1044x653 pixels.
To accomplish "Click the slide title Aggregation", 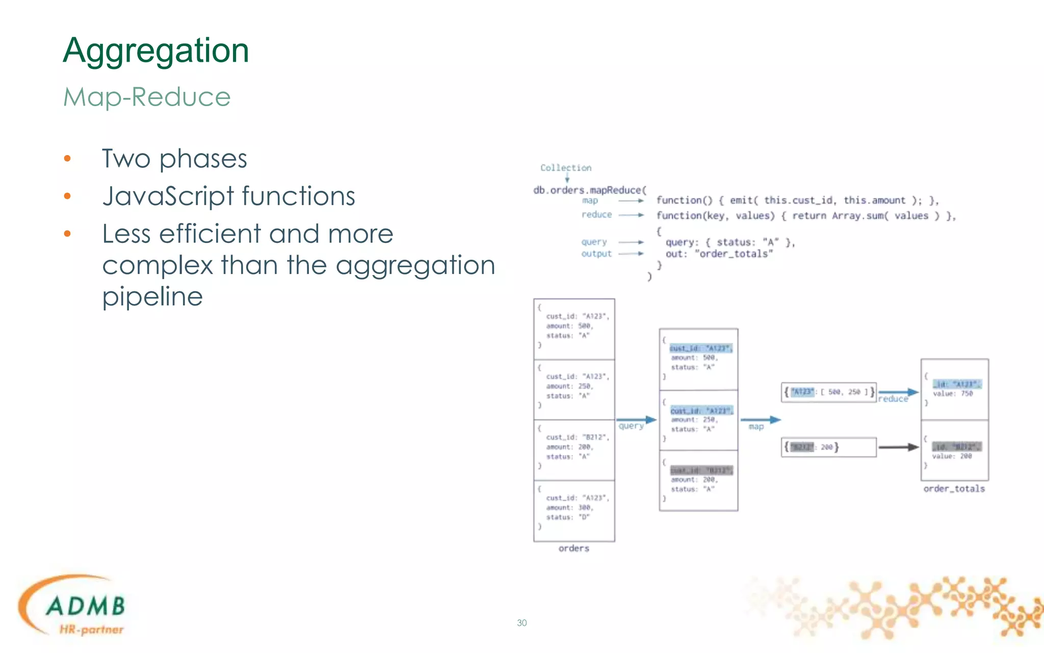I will coord(155,51).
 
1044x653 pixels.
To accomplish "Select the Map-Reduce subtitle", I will coord(147,97).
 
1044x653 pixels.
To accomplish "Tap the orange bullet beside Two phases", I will coord(67,159).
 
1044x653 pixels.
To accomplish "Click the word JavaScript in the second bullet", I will coord(168,196).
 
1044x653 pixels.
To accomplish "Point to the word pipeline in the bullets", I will coord(152,296).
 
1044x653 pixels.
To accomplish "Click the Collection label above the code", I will coord(566,168).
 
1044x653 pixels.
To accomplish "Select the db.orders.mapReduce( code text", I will coord(590,190).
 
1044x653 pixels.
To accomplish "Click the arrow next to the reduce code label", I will coord(631,215).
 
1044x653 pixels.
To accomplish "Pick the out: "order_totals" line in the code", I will coord(719,254).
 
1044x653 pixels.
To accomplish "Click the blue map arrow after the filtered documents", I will coord(760,420).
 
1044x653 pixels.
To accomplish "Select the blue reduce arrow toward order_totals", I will coord(898,392).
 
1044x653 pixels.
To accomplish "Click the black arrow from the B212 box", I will coord(898,447).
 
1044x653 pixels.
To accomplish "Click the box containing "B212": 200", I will coord(828,447).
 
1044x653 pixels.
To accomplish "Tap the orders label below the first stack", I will coord(573,548).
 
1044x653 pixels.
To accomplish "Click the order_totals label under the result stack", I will coord(954,489).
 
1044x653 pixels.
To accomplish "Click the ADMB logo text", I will coord(86,606).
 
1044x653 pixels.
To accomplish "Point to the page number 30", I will coord(521,623).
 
